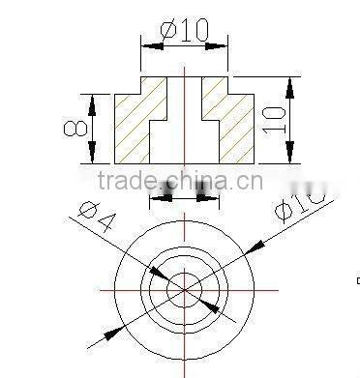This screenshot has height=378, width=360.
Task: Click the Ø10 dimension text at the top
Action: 184,29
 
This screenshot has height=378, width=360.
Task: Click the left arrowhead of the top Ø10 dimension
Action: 148,44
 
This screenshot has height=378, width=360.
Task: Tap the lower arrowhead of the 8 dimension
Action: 93,155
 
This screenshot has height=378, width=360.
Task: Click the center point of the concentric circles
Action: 184,289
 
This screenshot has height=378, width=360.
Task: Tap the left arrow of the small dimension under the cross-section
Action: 167,197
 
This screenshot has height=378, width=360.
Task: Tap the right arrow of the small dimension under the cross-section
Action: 201,197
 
